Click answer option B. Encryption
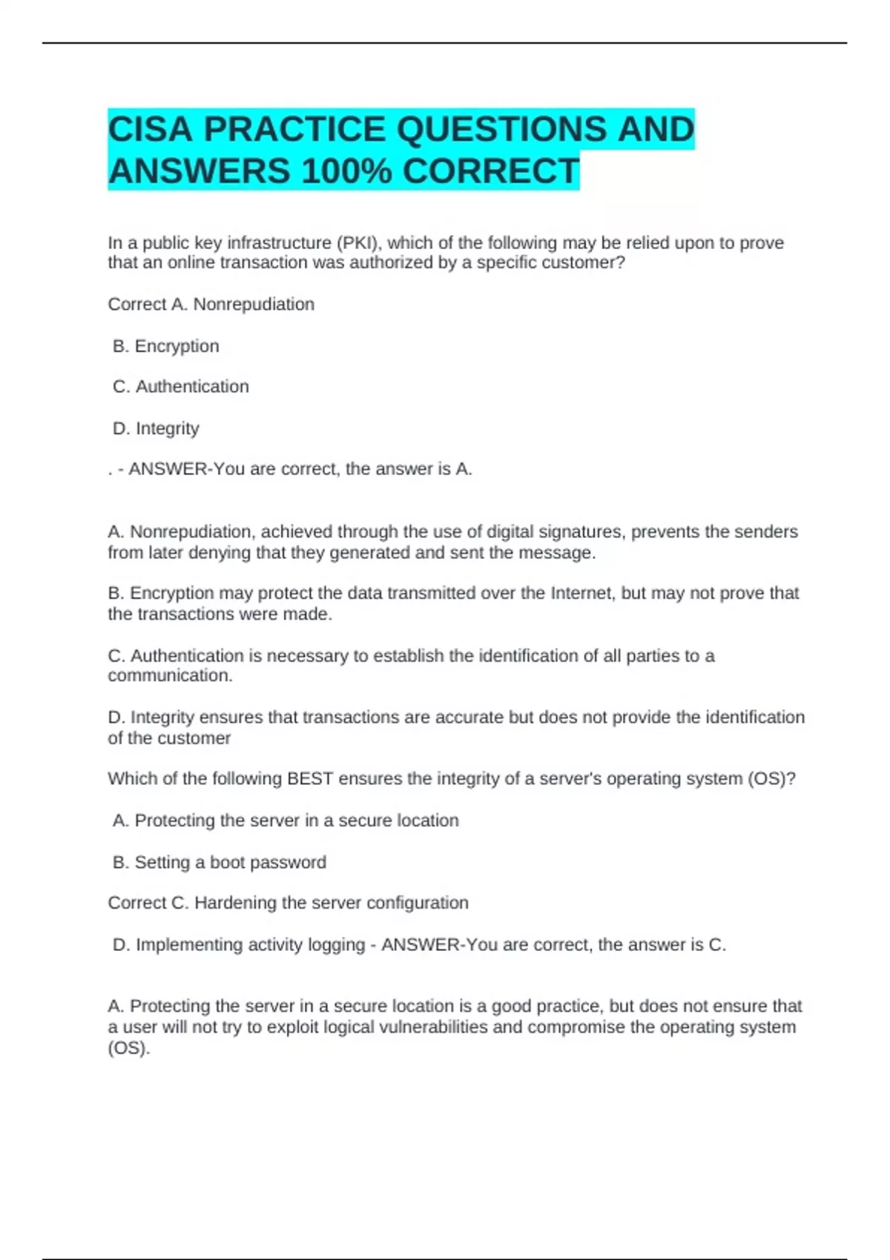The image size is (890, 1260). (165, 346)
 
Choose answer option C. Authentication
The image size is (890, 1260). (180, 387)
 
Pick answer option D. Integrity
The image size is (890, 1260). (156, 428)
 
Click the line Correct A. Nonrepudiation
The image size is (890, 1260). (211, 305)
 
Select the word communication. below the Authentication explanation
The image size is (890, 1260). (170, 676)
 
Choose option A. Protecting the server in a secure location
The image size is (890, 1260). (286, 820)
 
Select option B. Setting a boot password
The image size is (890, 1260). (219, 863)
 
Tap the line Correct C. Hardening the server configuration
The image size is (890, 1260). (288, 903)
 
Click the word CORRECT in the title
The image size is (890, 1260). (490, 171)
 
